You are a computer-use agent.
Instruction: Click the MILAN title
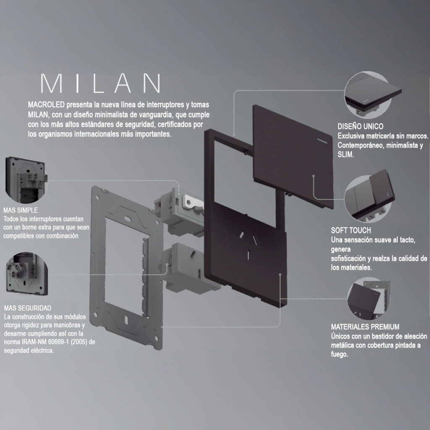[101, 83]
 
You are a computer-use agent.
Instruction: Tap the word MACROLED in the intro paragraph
[46, 105]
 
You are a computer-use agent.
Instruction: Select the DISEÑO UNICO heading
[360, 126]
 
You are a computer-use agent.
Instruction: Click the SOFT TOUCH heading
[351, 231]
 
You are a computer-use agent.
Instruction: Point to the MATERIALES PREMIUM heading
[365, 327]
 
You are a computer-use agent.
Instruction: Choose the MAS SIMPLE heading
[21, 210]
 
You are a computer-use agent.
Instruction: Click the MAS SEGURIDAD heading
[28, 308]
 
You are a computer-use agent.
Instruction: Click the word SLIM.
[346, 155]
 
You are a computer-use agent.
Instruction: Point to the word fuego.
[339, 354]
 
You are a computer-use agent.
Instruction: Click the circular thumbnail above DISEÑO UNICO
[368, 95]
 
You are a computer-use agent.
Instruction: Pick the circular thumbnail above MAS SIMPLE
[26, 180]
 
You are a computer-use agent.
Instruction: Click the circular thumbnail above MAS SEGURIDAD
[26, 274]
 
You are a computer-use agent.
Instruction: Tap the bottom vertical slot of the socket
[249, 255]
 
